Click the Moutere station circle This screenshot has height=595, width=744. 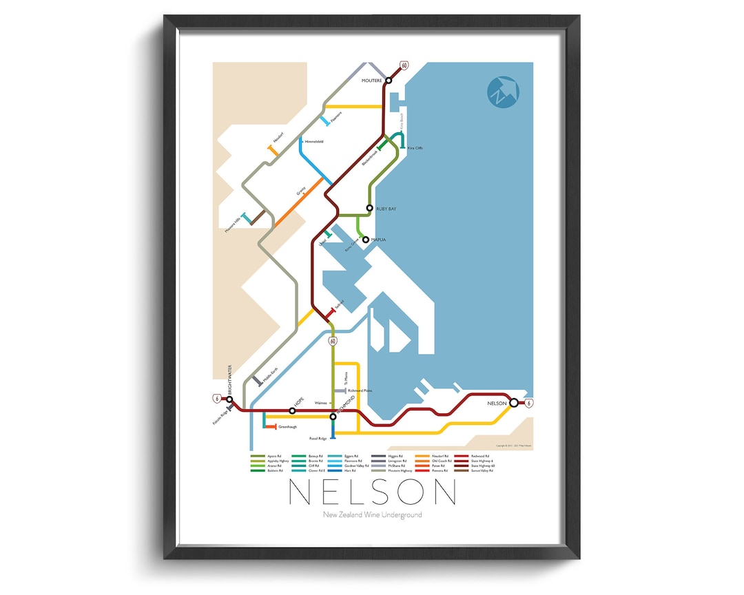(389, 81)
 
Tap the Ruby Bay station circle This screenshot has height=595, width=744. (369, 208)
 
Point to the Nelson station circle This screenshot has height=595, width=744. (513, 403)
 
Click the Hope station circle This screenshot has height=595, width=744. (292, 411)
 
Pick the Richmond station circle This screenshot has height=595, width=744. (333, 416)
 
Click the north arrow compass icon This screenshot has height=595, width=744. (502, 92)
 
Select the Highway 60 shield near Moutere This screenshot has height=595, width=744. (404, 65)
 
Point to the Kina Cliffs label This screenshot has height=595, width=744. (415, 148)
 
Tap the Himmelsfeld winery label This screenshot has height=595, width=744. (313, 142)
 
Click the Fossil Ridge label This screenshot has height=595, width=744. (318, 438)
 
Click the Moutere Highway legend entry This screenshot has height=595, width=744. (397, 470)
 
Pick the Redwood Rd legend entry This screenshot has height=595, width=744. (481, 456)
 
